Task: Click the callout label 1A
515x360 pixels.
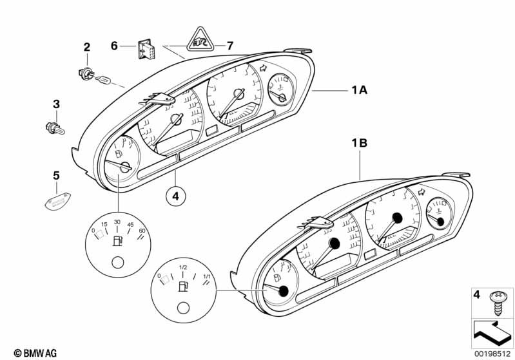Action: tap(359, 90)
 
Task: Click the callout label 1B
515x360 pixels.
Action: tap(359, 143)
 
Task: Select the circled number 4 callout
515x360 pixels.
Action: tap(176, 196)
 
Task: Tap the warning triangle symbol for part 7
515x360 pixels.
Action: tap(200, 40)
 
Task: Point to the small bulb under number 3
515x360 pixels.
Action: tap(55, 128)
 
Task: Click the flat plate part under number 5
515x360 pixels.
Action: tap(58, 201)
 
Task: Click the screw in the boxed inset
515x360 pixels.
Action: tap(496, 303)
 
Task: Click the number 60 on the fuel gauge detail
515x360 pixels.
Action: tap(142, 231)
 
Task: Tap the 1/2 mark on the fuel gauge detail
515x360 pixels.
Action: tap(183, 267)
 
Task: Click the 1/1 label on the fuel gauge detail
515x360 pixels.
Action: tap(207, 276)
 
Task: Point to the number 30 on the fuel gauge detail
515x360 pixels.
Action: tap(117, 222)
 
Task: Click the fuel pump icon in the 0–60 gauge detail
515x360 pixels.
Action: tap(117, 241)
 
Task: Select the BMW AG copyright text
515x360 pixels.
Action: tap(35, 353)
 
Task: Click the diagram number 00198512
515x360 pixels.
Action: tap(492, 354)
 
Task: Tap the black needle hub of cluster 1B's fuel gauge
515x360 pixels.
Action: tap(283, 291)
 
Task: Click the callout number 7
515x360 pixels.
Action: tap(230, 46)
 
